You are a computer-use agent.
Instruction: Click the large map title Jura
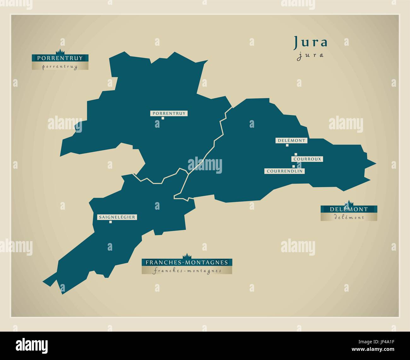311,42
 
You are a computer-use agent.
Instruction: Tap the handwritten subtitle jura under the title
311,55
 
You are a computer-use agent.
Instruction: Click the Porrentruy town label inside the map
169,113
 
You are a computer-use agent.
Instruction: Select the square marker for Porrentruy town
163,118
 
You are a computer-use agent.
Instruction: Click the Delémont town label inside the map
292,141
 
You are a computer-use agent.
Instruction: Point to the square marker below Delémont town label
287,145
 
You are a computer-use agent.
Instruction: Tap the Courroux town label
307,159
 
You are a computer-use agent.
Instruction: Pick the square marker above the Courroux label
296,154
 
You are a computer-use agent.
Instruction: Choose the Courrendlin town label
285,171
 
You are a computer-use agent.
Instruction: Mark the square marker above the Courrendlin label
293,166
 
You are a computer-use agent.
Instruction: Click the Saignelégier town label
117,217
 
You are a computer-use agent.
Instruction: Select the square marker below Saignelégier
110,222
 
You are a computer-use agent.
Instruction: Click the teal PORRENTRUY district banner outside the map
60,58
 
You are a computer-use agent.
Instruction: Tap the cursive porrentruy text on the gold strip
60,66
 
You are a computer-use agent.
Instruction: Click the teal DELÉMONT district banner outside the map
349,209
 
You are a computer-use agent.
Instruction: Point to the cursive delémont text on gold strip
349,217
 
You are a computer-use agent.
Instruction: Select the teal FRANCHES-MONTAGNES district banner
187,262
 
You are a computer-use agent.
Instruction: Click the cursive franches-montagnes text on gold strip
187,270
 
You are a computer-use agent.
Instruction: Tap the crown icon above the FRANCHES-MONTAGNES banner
187,256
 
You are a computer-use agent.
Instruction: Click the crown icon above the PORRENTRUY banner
60,52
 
